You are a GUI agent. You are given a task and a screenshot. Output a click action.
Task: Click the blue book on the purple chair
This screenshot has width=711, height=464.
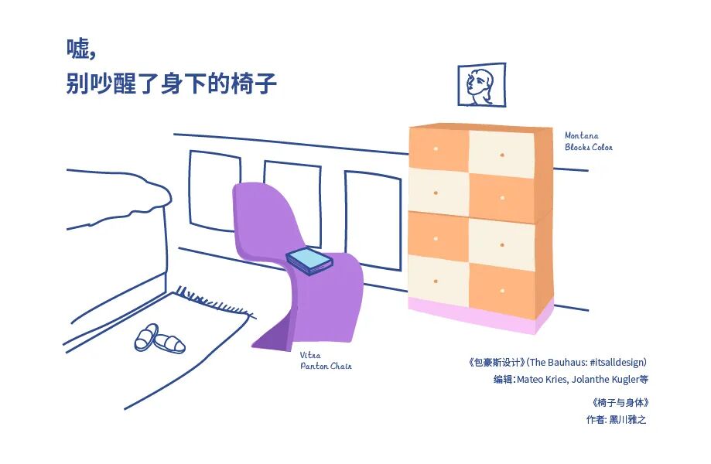[309, 261]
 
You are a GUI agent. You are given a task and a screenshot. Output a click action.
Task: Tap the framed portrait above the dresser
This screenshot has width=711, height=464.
[481, 85]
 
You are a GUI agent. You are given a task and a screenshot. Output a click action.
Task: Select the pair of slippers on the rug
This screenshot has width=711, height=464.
[159, 339]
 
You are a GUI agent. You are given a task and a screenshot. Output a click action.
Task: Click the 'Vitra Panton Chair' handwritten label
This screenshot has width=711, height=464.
[325, 360]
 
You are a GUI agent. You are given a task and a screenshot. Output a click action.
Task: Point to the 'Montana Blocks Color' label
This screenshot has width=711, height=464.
[588, 142]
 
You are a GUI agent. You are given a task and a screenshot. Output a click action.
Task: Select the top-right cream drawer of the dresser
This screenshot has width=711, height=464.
[501, 153]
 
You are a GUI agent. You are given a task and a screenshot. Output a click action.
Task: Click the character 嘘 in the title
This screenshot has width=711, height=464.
[78, 48]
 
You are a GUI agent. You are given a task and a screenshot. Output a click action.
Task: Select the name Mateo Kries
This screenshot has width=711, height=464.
[542, 380]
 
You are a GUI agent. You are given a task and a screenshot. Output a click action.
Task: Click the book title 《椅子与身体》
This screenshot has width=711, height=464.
[618, 403]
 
